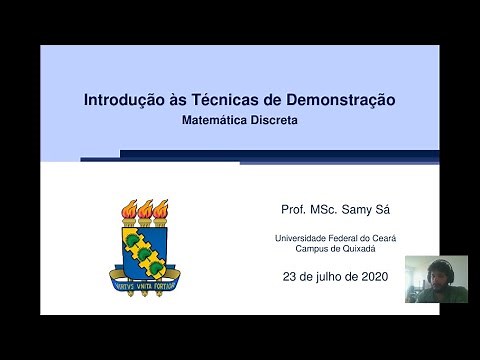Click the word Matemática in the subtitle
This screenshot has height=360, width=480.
click(x=217, y=120)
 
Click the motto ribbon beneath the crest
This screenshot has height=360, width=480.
click(x=146, y=282)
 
